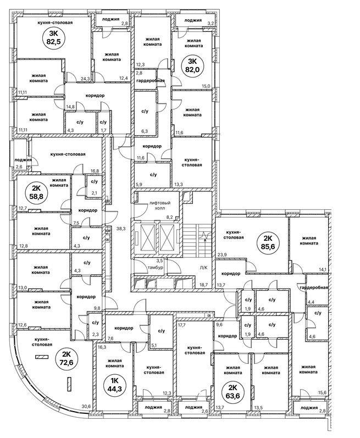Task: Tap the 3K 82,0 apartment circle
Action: (x=193, y=65)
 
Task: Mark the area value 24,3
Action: (x=85, y=79)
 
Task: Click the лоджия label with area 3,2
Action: (x=193, y=20)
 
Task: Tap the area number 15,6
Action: (x=322, y=391)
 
